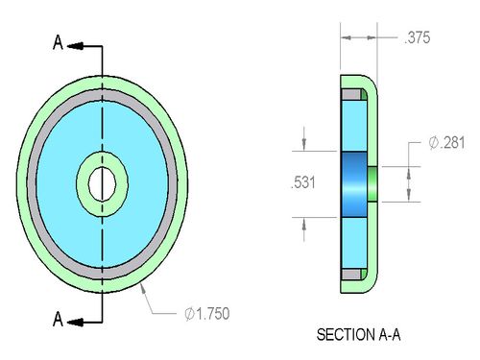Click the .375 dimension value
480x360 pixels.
click(x=418, y=37)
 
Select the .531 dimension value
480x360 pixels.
click(x=303, y=182)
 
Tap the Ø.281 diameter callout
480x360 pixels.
click(x=446, y=142)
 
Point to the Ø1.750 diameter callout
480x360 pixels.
click(x=207, y=314)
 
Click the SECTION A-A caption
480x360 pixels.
click(x=358, y=335)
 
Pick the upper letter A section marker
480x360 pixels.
click(x=58, y=42)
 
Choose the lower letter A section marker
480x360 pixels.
click(x=58, y=319)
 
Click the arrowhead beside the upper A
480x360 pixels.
click(x=76, y=46)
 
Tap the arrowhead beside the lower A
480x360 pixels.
click(x=76, y=323)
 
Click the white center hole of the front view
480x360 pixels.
click(x=102, y=184)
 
